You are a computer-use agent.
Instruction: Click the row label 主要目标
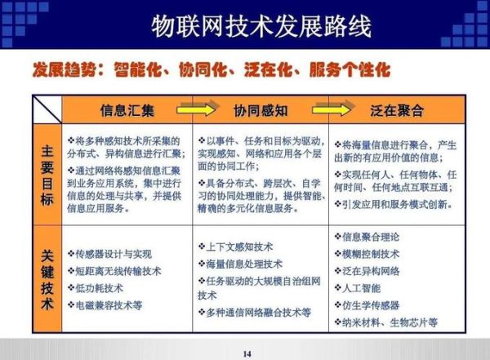(47, 173)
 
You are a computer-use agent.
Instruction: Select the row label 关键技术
(47, 278)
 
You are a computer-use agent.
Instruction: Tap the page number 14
(247, 353)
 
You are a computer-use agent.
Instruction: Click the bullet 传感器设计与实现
(113, 254)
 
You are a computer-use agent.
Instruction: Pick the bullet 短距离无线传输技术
(118, 271)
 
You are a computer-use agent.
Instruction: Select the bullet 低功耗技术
(102, 288)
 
